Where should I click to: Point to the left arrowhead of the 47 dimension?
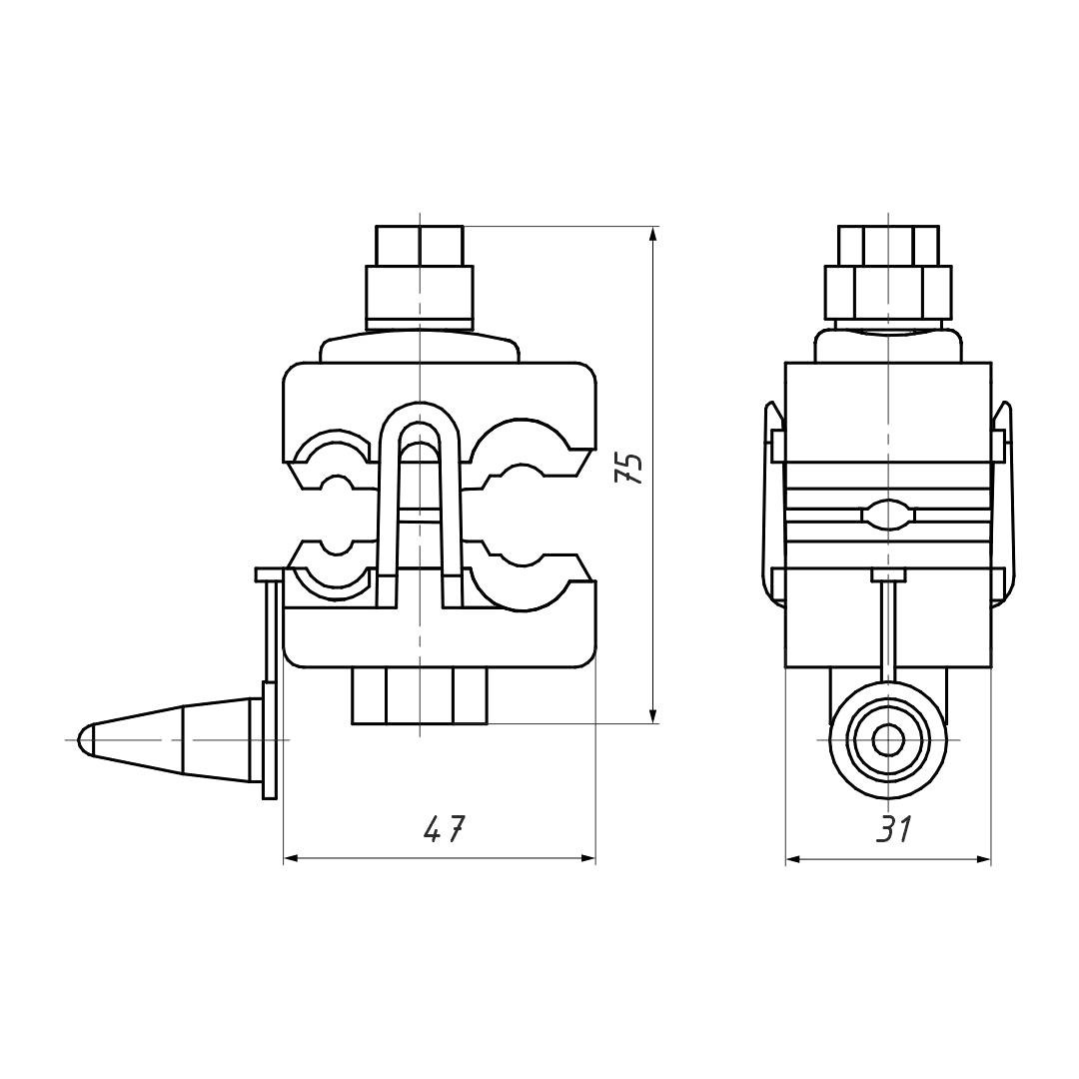[294, 858]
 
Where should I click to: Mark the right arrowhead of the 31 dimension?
[982, 859]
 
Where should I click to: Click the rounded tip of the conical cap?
[85, 739]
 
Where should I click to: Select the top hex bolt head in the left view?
[420, 245]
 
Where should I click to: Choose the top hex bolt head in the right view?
[888, 245]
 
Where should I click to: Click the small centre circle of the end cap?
[888, 741]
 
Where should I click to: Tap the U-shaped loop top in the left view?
[419, 409]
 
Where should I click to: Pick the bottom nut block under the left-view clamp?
[420, 695]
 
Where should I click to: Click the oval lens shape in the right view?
[888, 516]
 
